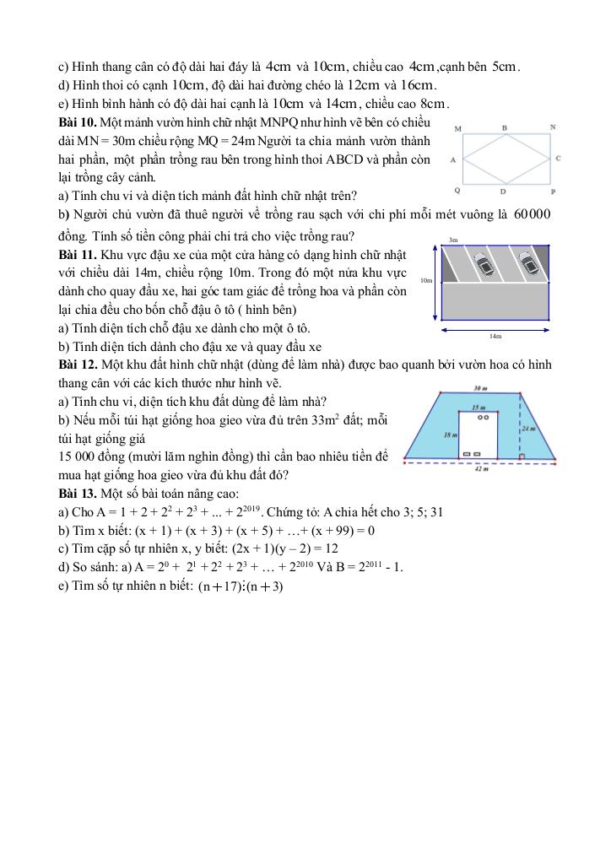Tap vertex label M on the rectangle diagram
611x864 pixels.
point(457,129)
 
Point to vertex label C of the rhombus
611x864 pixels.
point(559,158)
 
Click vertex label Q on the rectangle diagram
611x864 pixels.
point(457,191)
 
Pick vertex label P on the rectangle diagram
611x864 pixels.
point(553,192)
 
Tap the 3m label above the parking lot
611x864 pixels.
point(453,240)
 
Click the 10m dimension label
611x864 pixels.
point(425,280)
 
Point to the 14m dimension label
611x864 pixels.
point(495,336)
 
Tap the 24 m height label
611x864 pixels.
point(529,428)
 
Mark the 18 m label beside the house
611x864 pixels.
point(450,433)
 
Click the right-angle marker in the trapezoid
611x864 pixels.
point(522,456)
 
